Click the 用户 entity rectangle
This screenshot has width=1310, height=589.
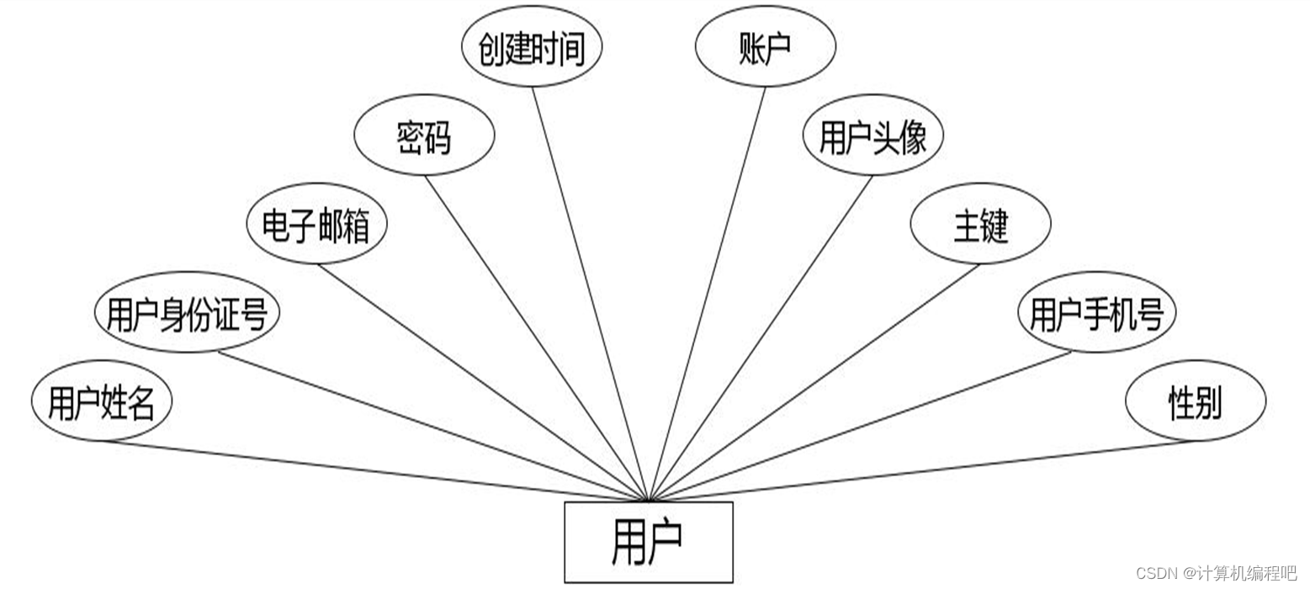tap(648, 542)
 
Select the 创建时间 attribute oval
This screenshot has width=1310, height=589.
tap(532, 47)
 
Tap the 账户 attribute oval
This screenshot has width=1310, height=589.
tap(765, 47)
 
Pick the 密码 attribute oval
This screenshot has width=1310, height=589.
tap(424, 135)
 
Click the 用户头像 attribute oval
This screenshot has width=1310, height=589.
tap(872, 135)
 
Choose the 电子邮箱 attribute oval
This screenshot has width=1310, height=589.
tap(316, 225)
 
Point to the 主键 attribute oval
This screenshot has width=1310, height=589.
tap(980, 225)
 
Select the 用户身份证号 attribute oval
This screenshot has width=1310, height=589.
tap(187, 313)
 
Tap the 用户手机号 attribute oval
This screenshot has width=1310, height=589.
tap(1096, 313)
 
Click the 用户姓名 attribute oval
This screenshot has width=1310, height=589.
tap(101, 401)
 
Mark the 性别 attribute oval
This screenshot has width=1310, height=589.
tap(1195, 401)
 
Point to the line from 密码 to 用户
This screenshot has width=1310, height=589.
tap(536, 337)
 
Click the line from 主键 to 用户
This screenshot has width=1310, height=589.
tap(814, 381)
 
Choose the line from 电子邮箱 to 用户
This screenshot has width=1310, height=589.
tap(482, 381)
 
